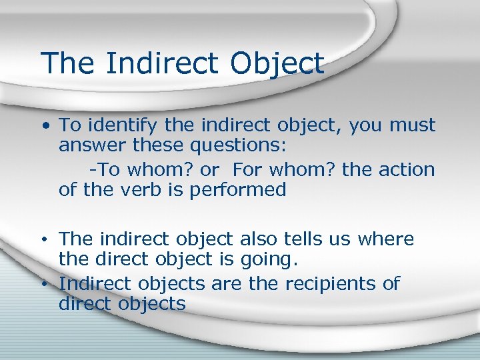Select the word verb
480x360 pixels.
coord(141,190)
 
